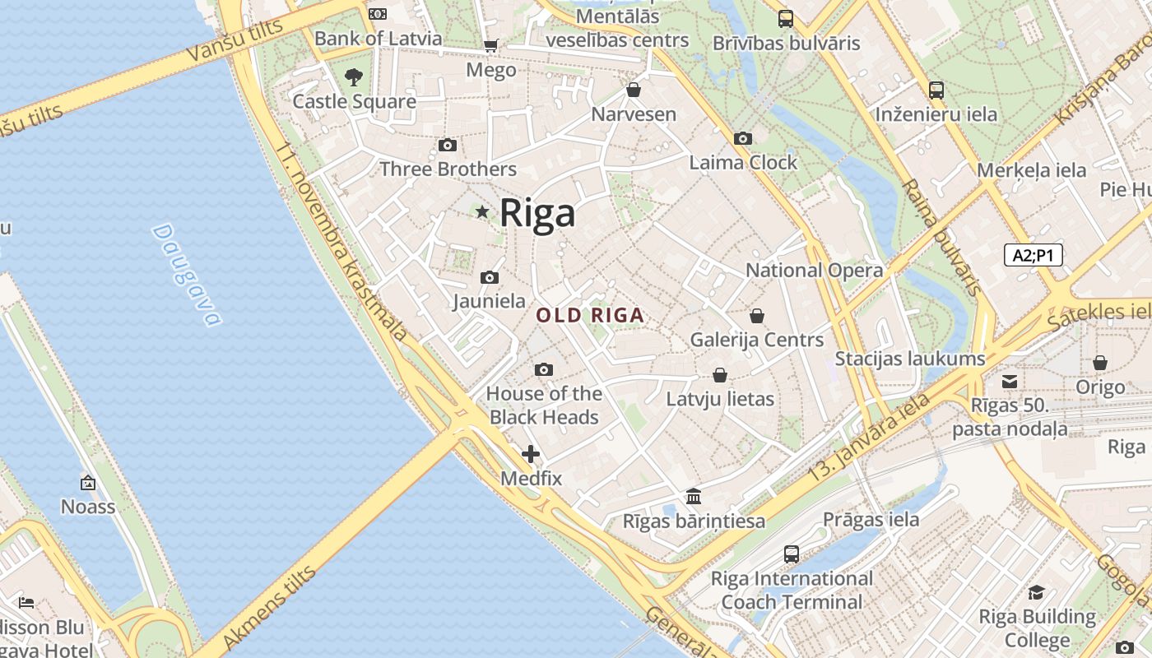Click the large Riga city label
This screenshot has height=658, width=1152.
click(537, 213)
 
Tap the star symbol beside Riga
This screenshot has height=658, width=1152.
click(482, 213)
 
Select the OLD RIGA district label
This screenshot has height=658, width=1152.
click(589, 315)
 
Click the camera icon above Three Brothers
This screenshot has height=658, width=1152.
click(448, 146)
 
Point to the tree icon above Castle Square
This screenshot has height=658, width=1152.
click(354, 77)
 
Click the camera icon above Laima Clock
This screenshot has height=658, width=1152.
click(743, 138)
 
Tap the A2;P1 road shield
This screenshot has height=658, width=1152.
click(1034, 255)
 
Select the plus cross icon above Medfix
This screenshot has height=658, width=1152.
click(531, 453)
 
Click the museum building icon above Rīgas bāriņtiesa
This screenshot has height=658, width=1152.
click(694, 496)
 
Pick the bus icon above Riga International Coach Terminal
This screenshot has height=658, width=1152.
click(792, 554)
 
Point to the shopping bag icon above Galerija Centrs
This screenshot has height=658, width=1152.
click(757, 316)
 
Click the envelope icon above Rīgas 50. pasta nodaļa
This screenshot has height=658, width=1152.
click(1010, 381)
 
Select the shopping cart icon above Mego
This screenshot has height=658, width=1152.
click(490, 46)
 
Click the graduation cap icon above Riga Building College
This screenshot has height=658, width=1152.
click(1037, 592)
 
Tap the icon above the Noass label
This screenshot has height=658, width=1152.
click(88, 483)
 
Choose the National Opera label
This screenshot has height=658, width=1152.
click(814, 270)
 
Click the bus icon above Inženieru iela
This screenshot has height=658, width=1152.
click(936, 90)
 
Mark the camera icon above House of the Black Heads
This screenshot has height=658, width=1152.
click(544, 370)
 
